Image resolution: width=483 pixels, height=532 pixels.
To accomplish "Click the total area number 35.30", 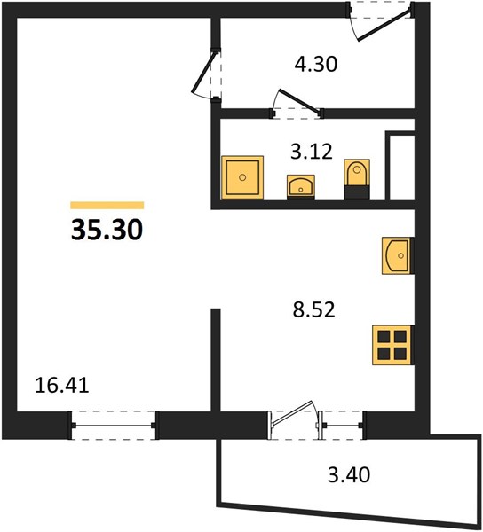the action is coord(107,230).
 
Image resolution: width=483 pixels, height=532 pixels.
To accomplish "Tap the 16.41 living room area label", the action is coord(62,386).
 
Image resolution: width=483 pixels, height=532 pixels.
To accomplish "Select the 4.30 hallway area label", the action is coord(316,64).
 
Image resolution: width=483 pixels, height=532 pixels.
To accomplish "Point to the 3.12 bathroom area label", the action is coord(312,152).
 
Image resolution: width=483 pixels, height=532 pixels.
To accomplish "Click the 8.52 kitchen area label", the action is coord(313,309).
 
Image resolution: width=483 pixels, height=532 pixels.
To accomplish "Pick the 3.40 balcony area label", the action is coord(349,474).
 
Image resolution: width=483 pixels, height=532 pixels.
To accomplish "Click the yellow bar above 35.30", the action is coord(107,206).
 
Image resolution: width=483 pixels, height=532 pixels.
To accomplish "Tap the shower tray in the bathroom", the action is coord(242,177).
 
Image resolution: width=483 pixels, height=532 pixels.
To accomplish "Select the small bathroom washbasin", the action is coord(301,186).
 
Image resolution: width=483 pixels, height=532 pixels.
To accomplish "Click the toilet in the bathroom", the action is coord(357,179).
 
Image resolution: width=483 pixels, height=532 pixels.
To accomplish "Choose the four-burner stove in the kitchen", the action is coord(392,345).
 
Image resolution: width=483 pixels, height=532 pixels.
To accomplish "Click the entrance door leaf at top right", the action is coord(384,25).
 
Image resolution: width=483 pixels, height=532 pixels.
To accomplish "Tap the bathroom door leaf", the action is coord(299,100).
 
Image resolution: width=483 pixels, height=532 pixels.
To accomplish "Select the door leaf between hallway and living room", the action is coord(203,72).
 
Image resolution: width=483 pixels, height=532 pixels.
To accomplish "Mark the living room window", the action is coord(114,425).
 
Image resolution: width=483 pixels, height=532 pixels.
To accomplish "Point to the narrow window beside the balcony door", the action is coord(342,425).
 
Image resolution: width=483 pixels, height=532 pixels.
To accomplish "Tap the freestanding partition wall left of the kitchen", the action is coord(216,360).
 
